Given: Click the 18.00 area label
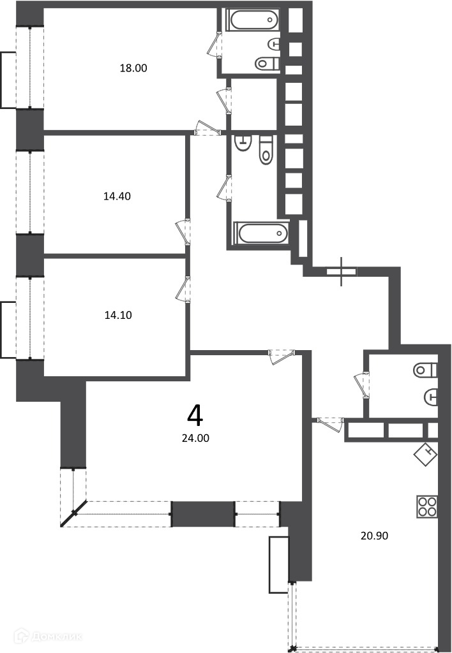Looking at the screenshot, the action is click(x=133, y=68).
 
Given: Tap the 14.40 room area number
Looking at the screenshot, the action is click(x=117, y=196).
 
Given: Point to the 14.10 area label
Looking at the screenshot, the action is click(x=118, y=315).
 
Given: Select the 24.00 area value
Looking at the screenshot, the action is click(x=195, y=438).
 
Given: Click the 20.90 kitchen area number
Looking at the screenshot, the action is click(x=374, y=536).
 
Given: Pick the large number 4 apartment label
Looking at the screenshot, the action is click(x=195, y=415).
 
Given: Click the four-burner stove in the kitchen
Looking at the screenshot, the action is click(x=427, y=506).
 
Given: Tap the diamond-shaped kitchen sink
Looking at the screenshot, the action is click(x=425, y=454).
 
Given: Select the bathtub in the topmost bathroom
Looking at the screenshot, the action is click(x=251, y=20).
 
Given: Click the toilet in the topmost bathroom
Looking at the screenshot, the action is click(x=267, y=64).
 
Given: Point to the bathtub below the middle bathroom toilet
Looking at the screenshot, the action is click(x=261, y=233).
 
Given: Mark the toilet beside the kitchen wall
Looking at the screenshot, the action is click(x=425, y=370).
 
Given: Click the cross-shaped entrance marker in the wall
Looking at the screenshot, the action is click(x=342, y=272).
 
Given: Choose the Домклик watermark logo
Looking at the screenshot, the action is click(x=47, y=636).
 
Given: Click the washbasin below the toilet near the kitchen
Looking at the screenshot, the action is click(x=431, y=396).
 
